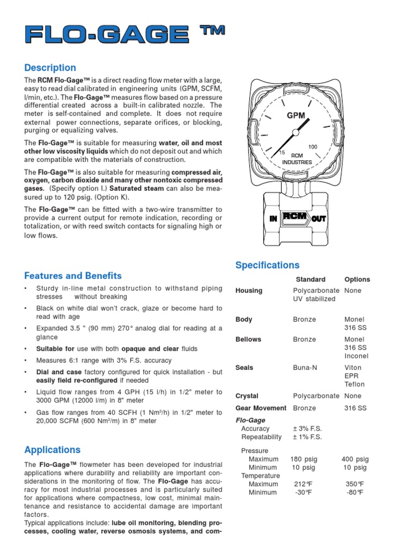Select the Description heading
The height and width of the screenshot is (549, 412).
[50, 68]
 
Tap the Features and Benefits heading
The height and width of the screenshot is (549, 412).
[73, 276]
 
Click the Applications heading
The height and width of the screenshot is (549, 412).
[53, 450]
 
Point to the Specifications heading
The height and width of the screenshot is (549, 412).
[268, 265]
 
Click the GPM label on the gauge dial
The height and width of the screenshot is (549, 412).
[296, 115]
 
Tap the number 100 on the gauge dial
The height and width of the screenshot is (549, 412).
[313, 146]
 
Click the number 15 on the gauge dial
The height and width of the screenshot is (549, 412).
[282, 153]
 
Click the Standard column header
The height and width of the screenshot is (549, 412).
[311, 279]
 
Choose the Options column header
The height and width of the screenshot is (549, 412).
[357, 279]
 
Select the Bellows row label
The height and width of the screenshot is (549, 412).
[248, 339]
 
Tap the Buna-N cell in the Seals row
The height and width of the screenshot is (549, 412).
[305, 368]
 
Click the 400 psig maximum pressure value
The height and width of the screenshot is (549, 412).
[355, 459]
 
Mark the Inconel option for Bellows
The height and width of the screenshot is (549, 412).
[356, 356]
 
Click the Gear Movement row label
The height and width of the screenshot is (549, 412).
[260, 408]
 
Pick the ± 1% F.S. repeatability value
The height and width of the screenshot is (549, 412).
[307, 437]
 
